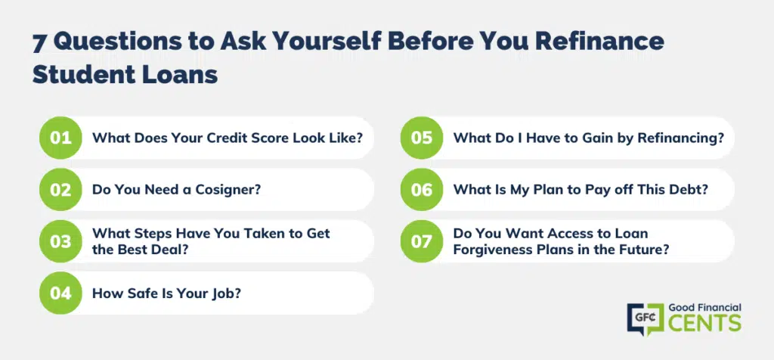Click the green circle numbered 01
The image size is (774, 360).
point(60,138)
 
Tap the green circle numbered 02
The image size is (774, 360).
point(60,190)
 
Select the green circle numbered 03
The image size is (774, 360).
point(60,241)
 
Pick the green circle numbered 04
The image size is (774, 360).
point(60,293)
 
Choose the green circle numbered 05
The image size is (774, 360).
point(422,138)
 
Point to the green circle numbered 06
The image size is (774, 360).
point(422,190)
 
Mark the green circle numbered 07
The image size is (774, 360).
point(422,241)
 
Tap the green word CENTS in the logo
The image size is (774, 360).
point(705,323)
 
